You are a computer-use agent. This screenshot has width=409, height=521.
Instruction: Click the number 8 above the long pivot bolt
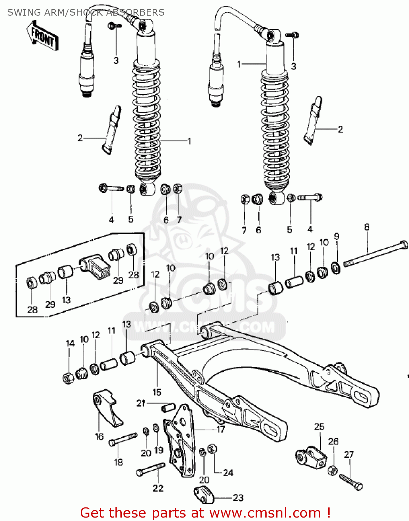pos(367,227)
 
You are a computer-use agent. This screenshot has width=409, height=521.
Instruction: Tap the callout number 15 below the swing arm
pos(157,392)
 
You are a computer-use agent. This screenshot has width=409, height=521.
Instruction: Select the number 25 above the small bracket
pos(319,427)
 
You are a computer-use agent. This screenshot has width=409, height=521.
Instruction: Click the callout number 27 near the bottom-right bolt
pos(349,454)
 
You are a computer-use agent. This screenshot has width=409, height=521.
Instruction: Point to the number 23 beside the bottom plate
pos(238,498)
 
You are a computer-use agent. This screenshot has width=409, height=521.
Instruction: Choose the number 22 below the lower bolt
pos(158,488)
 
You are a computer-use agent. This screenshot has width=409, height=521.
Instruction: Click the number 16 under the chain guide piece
pos(99,436)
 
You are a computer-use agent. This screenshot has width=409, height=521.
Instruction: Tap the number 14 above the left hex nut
pos(70,344)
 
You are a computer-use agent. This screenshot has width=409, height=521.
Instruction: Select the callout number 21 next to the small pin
pos(141,403)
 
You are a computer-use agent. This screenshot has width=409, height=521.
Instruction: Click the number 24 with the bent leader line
pos(228,473)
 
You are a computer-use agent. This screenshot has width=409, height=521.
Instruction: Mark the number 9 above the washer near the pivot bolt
pos(336,237)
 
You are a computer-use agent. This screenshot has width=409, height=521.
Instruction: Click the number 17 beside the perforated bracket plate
pos(221,430)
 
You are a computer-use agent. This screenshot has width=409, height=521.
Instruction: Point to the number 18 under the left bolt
pos(119,462)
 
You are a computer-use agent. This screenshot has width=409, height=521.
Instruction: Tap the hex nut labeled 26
pos(332,471)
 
